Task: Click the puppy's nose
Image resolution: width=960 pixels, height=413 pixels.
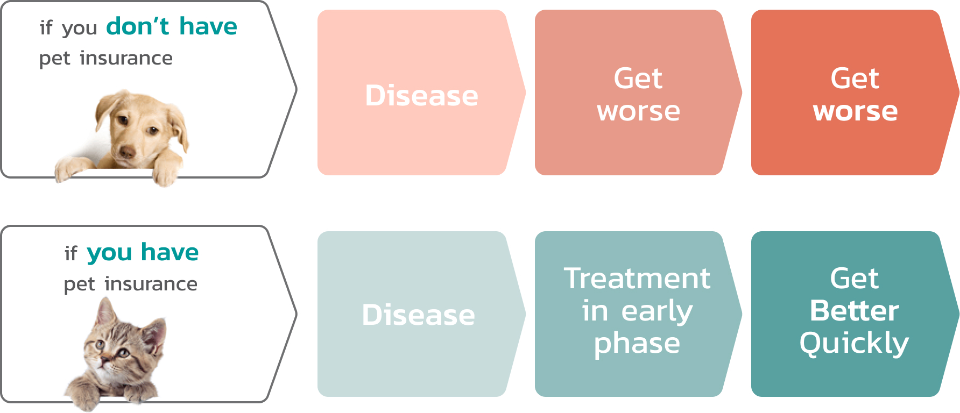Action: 128,152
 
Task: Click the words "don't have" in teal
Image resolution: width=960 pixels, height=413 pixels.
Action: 172,26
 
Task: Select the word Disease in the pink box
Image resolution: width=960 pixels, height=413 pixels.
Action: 421,96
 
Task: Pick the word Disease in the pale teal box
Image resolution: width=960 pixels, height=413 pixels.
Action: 418,315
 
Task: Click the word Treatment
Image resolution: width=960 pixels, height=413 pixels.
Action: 637,279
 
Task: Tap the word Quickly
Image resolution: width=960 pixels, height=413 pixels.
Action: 854,343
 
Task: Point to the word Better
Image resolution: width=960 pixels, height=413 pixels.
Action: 854,311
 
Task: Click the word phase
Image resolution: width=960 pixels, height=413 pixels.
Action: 637,344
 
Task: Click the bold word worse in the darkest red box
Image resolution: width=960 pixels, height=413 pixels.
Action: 855,112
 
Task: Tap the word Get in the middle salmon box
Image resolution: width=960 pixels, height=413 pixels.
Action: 638,79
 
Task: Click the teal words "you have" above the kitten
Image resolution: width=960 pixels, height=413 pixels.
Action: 143,253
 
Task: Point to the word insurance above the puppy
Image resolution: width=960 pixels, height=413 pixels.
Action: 126,58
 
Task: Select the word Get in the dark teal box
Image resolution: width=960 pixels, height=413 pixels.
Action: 854,279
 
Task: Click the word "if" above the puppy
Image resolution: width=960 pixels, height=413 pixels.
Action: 46,27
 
